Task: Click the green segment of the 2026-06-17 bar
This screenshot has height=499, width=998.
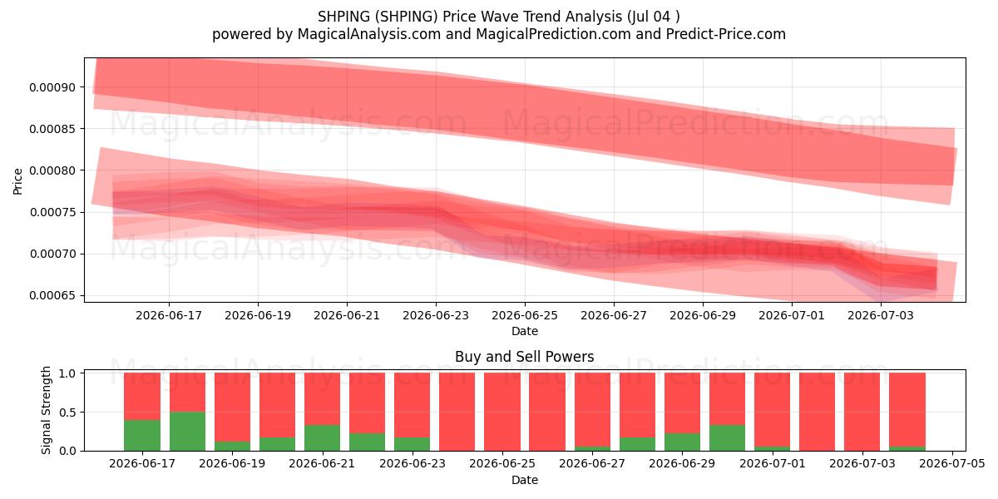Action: (142, 435)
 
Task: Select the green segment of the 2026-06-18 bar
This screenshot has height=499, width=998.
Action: (187, 432)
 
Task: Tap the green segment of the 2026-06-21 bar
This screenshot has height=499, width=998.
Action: (322, 438)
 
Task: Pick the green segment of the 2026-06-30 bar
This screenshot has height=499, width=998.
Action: (727, 438)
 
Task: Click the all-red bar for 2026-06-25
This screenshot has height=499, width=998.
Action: (502, 412)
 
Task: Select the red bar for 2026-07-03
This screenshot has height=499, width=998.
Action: (862, 412)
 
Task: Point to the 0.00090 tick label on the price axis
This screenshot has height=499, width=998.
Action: (52, 87)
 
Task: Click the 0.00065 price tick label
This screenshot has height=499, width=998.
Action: (52, 295)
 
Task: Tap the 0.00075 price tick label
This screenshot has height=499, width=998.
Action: (52, 212)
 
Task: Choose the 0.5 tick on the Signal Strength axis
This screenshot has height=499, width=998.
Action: (68, 413)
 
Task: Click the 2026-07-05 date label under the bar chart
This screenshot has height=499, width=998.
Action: (952, 463)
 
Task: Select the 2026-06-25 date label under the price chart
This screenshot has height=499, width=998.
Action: (525, 315)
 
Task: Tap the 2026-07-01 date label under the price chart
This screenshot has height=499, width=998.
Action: (792, 315)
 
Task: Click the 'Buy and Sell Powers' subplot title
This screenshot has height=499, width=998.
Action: (525, 357)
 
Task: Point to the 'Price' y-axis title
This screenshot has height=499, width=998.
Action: (17, 181)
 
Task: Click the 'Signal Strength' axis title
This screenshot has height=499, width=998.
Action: (47, 410)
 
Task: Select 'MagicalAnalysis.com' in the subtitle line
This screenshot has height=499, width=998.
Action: (369, 34)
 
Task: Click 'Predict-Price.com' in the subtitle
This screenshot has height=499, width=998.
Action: (726, 34)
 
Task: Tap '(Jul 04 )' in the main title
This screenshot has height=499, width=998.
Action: (654, 17)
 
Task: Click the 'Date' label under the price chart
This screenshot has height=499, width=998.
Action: (525, 331)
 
